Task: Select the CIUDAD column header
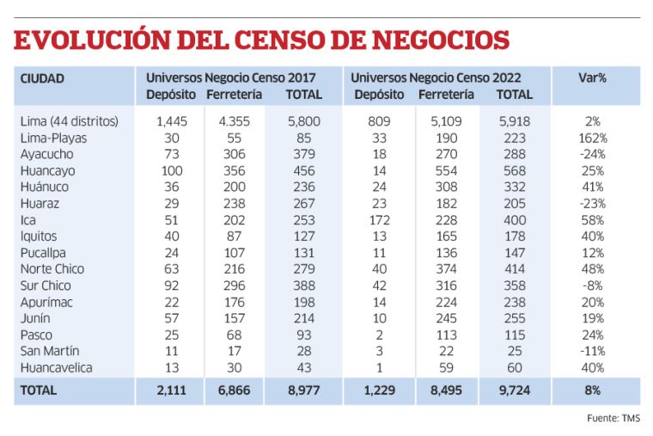pos(42,78)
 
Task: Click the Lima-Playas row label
pos(53,138)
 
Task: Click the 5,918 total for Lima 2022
pos(515,121)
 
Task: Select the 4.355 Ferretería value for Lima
pos(229,121)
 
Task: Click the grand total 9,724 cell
pos(515,390)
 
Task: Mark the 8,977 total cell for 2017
pos(302,390)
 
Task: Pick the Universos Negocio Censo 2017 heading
pos(230,78)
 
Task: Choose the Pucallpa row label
pos(45,253)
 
